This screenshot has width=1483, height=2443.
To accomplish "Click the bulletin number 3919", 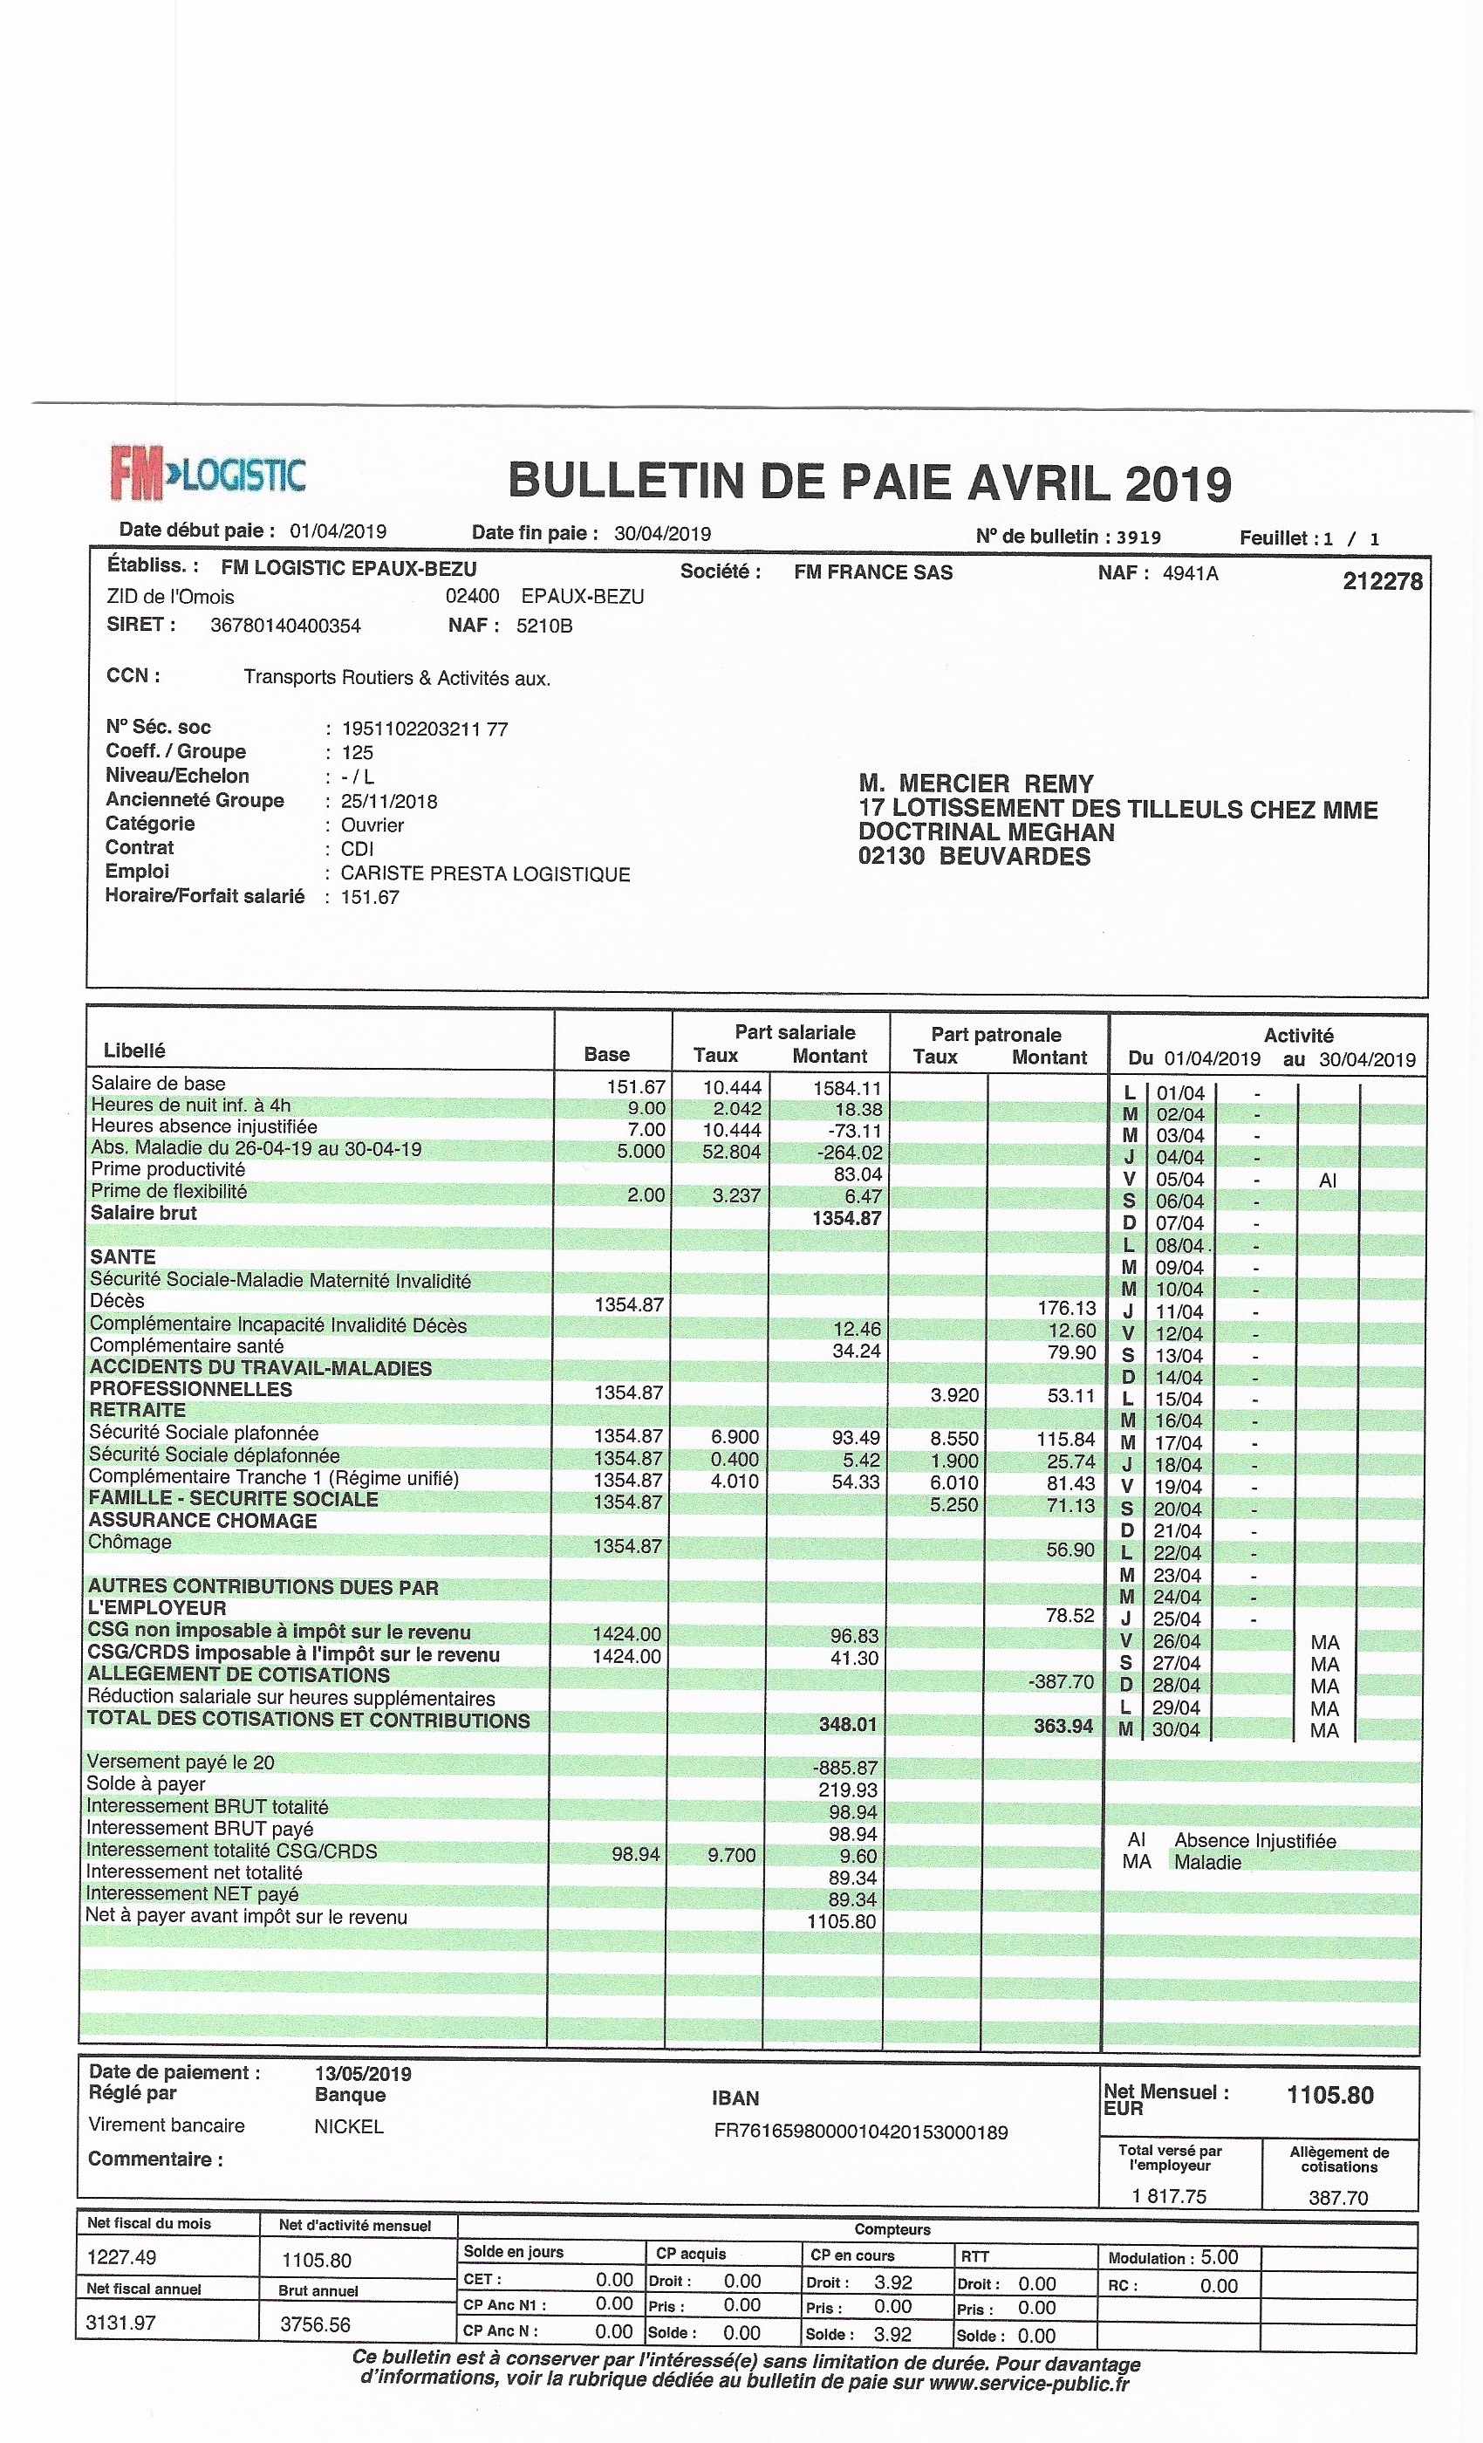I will point(1138,537).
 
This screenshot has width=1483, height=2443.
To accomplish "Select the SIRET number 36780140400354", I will point(285,626).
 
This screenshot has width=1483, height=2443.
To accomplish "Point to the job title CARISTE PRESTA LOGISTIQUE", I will point(485,873).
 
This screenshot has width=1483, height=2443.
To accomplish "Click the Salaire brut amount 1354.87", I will point(846,1217).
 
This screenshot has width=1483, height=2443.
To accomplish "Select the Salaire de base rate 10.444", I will point(732,1086).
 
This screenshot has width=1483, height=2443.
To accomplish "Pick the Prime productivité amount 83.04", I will point(858,1174).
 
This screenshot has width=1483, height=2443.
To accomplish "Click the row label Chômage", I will point(130,1542).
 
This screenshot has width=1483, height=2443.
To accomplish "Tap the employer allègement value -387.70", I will point(1061,1681).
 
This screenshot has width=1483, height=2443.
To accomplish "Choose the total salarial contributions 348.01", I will point(848,1724).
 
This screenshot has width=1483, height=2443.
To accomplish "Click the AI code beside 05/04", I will point(1328,1180).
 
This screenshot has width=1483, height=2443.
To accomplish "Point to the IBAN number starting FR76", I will point(860,2131).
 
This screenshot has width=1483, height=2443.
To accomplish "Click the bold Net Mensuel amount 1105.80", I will point(1329,2095).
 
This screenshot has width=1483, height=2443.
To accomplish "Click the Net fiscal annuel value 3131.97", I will point(122,2322).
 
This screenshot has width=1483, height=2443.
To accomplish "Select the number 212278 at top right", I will point(1382,581).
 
